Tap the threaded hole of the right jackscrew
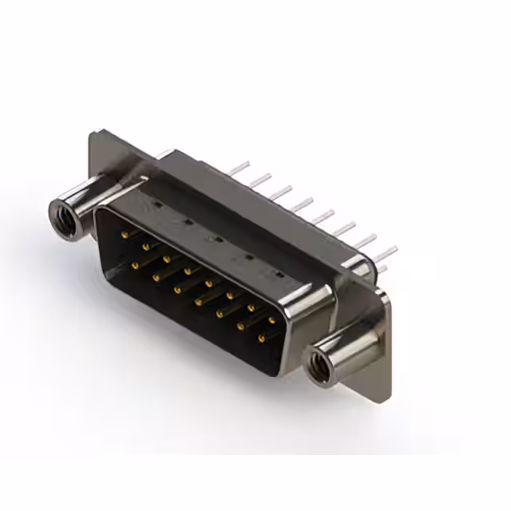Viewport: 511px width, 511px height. pyautogui.click(x=317, y=363)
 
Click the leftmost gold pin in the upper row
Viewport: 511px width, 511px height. pyautogui.click(x=125, y=235)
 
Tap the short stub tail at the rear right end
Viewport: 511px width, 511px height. pyautogui.click(x=382, y=268)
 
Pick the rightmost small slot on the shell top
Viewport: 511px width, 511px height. pyautogui.click(x=279, y=273)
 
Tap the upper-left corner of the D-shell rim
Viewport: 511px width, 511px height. pyautogui.click(x=99, y=209)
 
